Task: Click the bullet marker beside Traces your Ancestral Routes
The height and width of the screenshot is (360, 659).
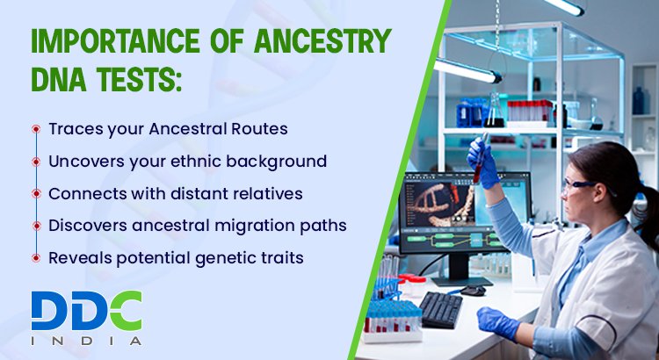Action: tap(36, 129)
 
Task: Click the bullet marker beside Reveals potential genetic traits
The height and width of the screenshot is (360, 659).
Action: tap(36, 258)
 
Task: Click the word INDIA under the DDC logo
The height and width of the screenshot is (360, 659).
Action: tap(86, 340)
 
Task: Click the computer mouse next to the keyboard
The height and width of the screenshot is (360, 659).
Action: tap(473, 291)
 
